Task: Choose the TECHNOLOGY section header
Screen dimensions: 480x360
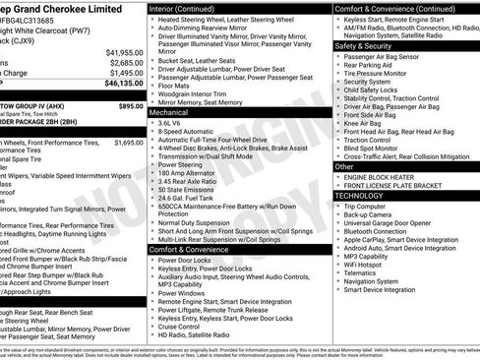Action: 362,195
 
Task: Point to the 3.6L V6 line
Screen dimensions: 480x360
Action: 174,124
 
